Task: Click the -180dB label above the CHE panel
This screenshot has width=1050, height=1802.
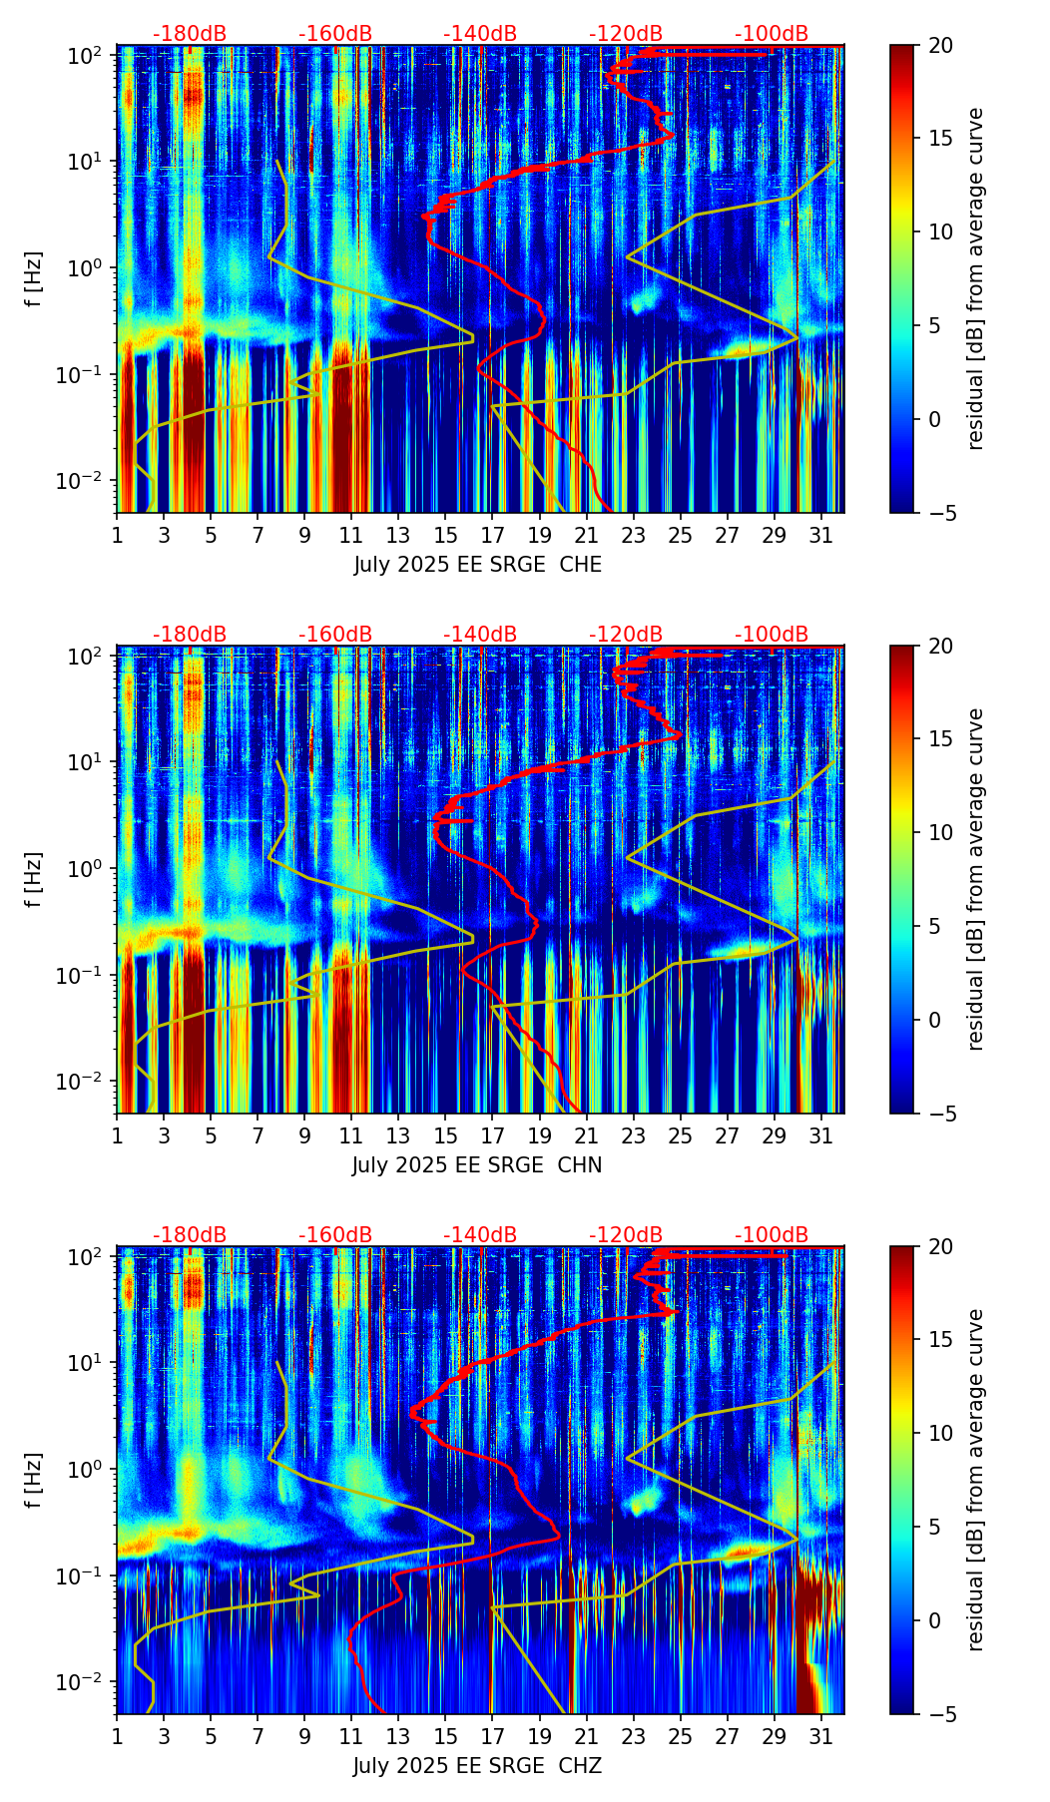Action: click(190, 34)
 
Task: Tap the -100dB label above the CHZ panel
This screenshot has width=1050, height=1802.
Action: click(772, 1235)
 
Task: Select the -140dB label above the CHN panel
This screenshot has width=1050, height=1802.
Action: click(480, 635)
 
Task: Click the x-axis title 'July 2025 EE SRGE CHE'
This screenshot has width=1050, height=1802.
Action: click(477, 565)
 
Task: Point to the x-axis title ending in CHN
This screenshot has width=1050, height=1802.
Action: click(477, 1165)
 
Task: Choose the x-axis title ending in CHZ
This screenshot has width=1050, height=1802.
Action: click(477, 1766)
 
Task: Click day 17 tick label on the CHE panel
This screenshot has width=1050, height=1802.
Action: click(493, 534)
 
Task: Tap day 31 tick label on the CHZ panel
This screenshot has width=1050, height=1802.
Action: click(821, 1735)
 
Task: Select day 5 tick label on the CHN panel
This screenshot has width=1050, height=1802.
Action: click(211, 1134)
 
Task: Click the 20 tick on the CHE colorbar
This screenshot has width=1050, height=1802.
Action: click(940, 45)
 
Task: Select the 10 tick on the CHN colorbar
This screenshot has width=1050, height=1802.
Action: click(940, 832)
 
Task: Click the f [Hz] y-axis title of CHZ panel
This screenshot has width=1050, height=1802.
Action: click(34, 1481)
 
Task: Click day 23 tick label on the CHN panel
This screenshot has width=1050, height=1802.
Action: click(634, 1134)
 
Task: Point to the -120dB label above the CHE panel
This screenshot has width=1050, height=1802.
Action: click(626, 34)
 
